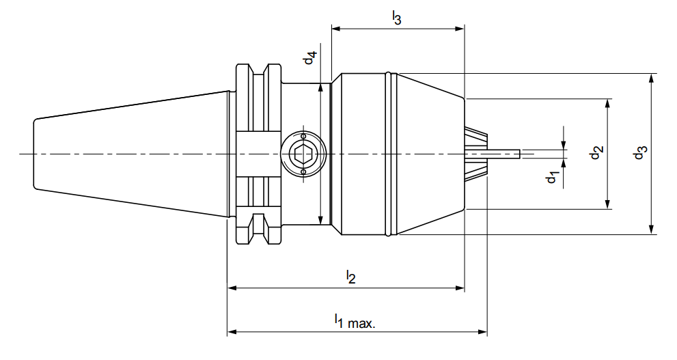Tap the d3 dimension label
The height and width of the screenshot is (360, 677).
point(639,153)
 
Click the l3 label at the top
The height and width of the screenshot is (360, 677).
point(396,18)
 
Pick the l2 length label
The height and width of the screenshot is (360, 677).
point(350,277)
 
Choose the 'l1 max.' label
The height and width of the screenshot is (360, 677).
point(355,320)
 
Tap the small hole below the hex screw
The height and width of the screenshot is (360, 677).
point(303,173)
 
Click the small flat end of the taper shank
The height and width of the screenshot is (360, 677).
point(35,154)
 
